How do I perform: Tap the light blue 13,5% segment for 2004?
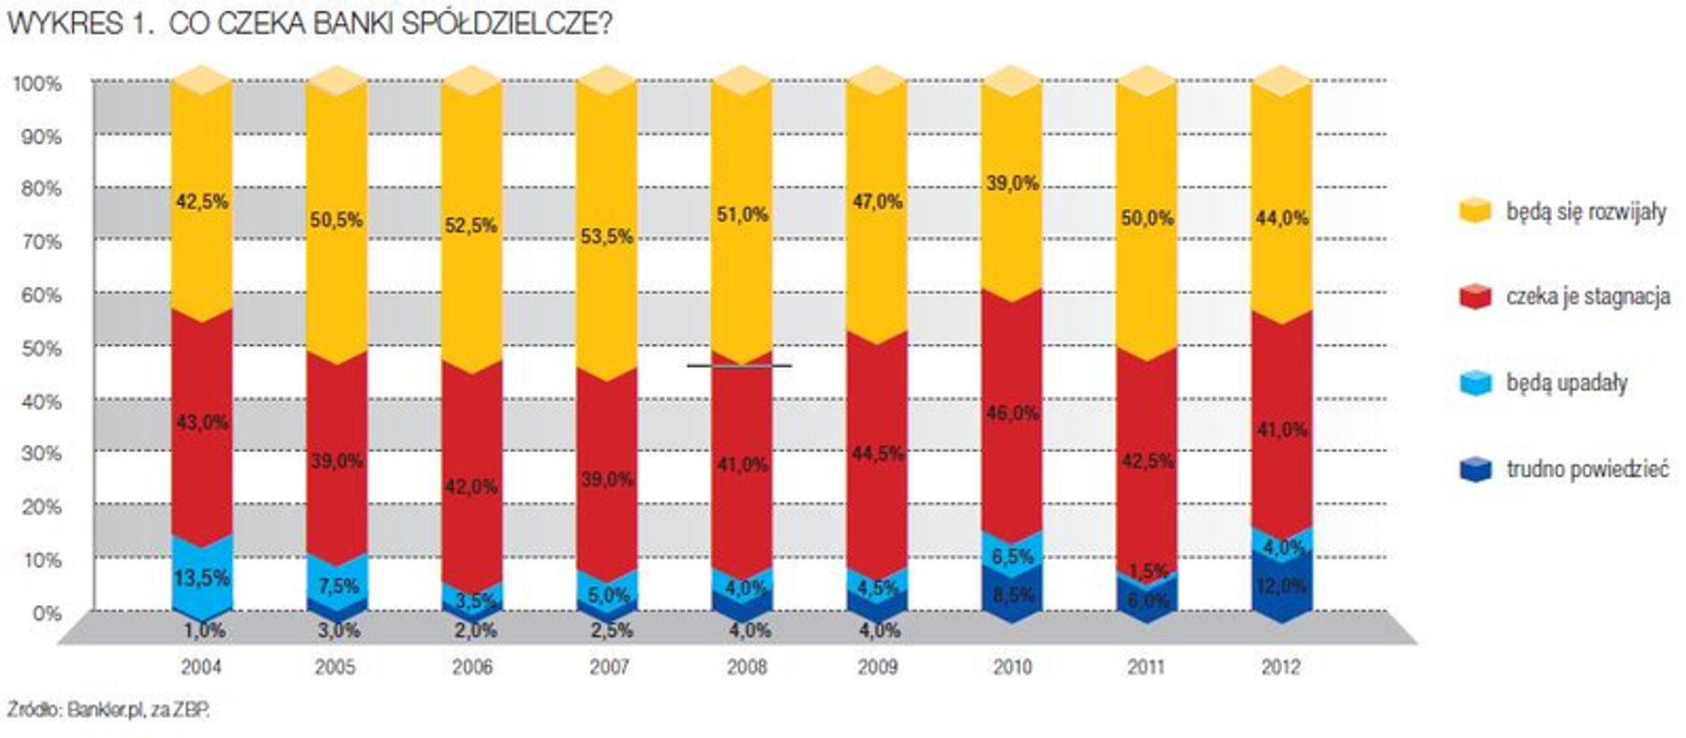(201, 578)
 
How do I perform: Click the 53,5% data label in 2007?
(607, 237)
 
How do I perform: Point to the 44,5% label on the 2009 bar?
(877, 454)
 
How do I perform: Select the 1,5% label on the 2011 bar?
(1147, 571)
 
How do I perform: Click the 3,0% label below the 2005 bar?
(337, 631)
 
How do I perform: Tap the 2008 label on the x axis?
(746, 667)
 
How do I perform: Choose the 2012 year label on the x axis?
(1280, 667)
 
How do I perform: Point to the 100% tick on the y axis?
(38, 84)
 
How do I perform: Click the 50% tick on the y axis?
(42, 349)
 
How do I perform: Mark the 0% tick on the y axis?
(46, 613)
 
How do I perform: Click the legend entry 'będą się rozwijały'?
(1585, 212)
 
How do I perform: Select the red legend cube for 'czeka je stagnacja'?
(1476, 296)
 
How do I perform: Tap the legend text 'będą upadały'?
(1566, 383)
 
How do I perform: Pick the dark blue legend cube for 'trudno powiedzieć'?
(1476, 469)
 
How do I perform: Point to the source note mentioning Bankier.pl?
(109, 709)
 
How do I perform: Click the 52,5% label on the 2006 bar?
(471, 226)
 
